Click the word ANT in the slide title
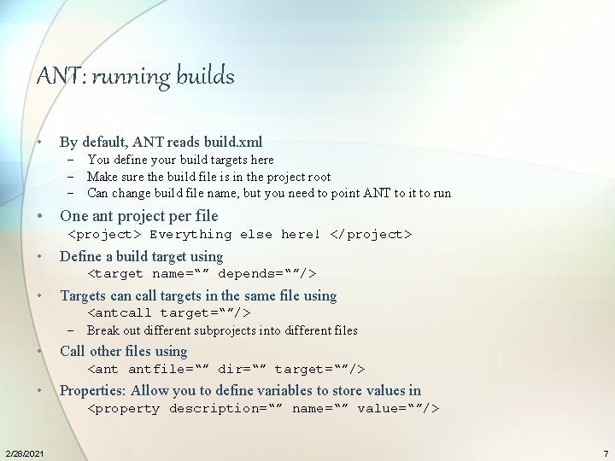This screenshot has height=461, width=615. (x=60, y=77)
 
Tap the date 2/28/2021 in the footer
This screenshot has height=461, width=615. (x=23, y=452)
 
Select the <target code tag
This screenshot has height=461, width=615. (x=116, y=274)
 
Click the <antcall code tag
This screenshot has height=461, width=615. (x=120, y=313)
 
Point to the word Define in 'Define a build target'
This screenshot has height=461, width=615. (x=80, y=256)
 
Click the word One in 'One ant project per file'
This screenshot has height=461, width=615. (x=74, y=216)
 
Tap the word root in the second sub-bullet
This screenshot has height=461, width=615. (x=318, y=177)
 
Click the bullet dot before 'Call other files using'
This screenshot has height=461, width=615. (x=41, y=351)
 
